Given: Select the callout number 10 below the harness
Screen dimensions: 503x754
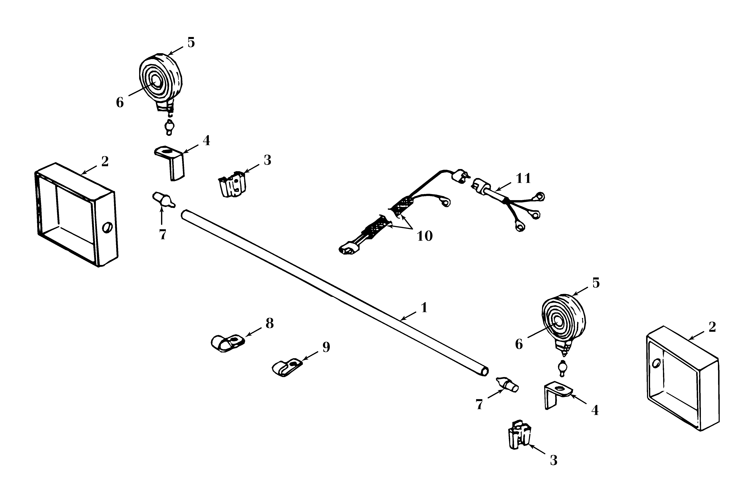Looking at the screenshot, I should pos(425,236).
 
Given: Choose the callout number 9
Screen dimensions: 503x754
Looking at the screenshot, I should pos(326,347).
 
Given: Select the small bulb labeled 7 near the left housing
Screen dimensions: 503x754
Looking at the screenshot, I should pos(164,200).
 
